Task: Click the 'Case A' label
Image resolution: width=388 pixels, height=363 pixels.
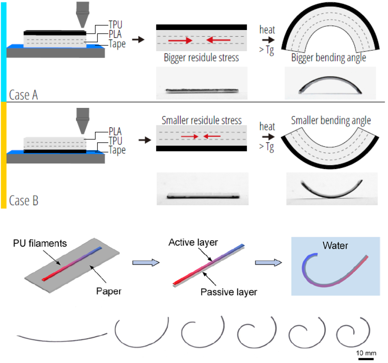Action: coord(24,95)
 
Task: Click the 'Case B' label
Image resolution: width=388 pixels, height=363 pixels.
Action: coord(24,200)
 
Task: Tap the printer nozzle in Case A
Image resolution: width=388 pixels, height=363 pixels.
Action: coord(82,15)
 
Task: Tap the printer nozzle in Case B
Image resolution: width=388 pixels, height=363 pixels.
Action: coord(82,121)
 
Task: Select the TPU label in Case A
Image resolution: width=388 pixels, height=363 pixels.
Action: coord(115,25)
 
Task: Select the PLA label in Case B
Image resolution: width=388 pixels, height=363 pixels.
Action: coord(115,131)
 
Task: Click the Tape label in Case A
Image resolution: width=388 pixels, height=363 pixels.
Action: coord(117,44)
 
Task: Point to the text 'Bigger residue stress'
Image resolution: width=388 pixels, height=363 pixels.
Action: coord(201,58)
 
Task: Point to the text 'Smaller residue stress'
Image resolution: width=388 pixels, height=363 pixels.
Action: coord(202,120)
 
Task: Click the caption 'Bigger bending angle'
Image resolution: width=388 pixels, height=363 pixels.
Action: coord(329,58)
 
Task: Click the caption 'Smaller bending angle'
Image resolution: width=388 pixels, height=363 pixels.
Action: coord(331,121)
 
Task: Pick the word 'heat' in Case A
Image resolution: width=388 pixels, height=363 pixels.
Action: coord(267,30)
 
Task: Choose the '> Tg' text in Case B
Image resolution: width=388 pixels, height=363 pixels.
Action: coord(267,147)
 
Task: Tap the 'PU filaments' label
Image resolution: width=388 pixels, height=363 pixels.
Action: coord(40,243)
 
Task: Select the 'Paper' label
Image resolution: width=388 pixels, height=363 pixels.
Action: coord(109,291)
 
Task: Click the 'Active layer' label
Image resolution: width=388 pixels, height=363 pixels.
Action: coord(193,242)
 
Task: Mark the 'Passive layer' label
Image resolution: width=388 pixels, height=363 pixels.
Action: coord(229,292)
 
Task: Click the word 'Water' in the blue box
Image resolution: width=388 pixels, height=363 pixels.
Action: coord(335,245)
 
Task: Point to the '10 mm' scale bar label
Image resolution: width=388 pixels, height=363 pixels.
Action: coord(366,353)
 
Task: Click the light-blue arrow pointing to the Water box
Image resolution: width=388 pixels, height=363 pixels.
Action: coord(268,262)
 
